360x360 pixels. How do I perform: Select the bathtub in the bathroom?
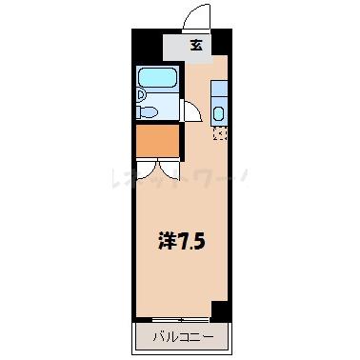click(157, 79)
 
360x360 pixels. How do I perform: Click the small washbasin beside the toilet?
click(140, 94)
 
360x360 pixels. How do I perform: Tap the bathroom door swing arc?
click(190, 110)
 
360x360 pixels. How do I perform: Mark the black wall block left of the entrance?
click(145, 44)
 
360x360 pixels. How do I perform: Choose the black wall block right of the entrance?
click(223, 42)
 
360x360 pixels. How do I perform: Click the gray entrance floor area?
click(181, 45)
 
